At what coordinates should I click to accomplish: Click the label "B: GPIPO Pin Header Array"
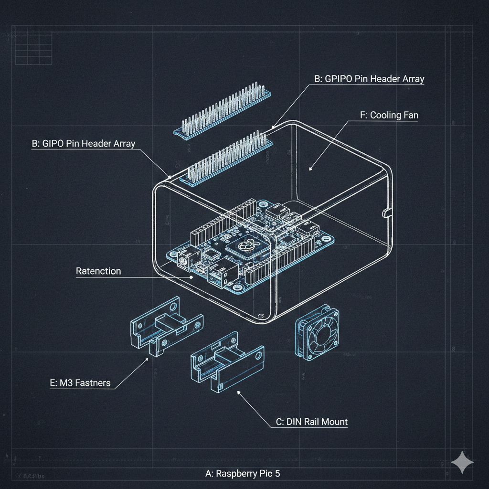(x=369, y=79)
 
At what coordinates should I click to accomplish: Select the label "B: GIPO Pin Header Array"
(x=83, y=143)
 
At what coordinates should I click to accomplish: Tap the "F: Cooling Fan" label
(x=388, y=115)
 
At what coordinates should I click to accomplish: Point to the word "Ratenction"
(x=98, y=271)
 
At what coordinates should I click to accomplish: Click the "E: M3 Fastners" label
(x=80, y=383)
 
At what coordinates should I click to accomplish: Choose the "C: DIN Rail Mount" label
(x=311, y=422)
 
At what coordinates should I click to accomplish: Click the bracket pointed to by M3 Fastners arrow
(x=165, y=325)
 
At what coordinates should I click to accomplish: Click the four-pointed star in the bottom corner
(x=462, y=462)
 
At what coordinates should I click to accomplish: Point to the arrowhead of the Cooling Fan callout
(x=310, y=168)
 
